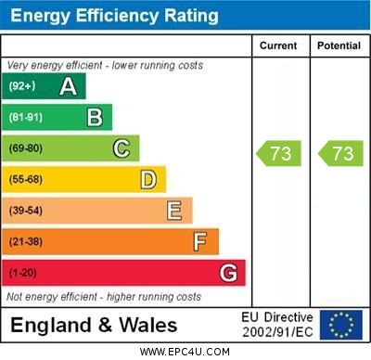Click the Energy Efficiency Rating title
(x=114, y=16)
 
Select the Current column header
(x=278, y=45)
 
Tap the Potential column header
(x=339, y=45)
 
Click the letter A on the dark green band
(x=68, y=86)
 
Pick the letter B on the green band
(x=95, y=117)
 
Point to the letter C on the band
(x=122, y=148)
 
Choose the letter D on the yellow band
(x=148, y=179)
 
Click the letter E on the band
(x=174, y=211)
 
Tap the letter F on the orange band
(x=200, y=241)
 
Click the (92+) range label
(x=22, y=87)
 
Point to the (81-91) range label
(x=26, y=118)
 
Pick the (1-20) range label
(x=22, y=274)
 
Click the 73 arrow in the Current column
(x=280, y=153)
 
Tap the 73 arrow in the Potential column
(x=340, y=153)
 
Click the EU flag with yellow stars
(x=341, y=325)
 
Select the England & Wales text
(x=94, y=325)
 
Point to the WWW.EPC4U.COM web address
(x=185, y=352)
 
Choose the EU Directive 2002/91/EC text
(x=277, y=325)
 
